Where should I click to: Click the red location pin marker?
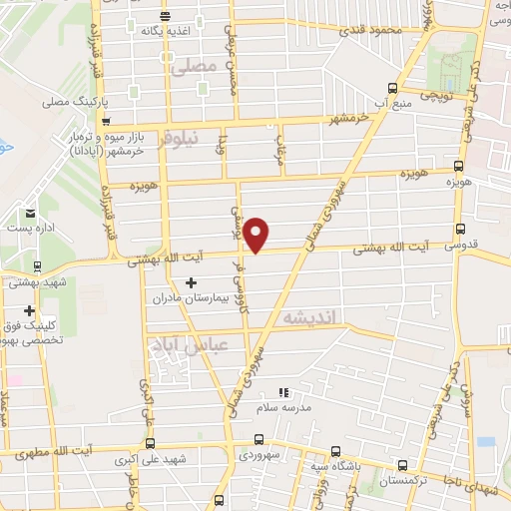[x=257, y=234]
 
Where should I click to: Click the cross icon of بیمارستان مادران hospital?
[x=192, y=283]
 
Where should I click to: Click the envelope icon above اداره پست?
[x=30, y=213]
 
